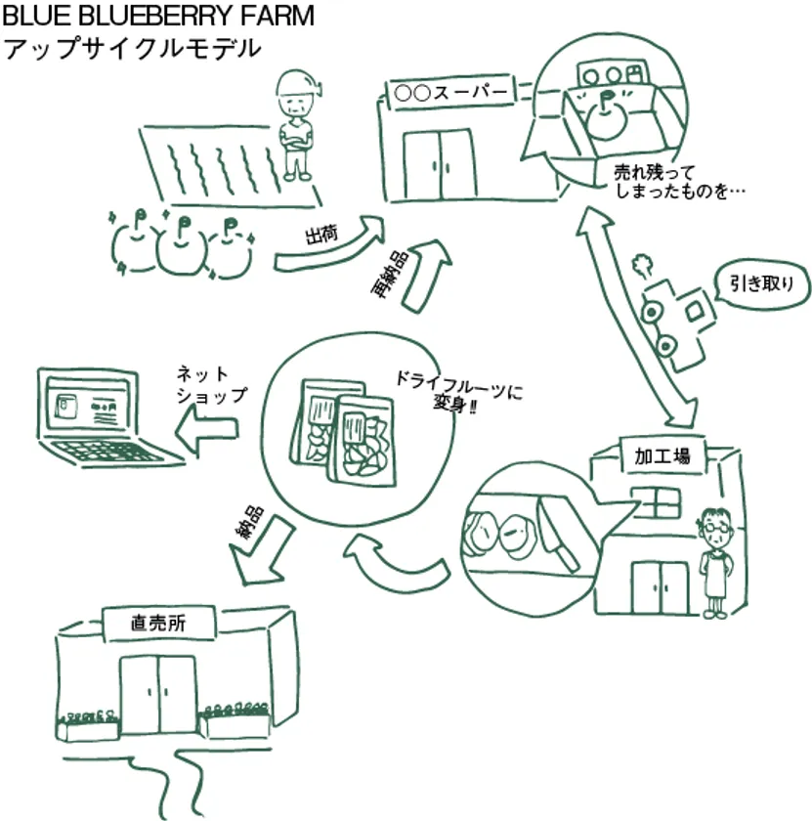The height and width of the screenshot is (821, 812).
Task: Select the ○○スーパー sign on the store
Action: pos(450,93)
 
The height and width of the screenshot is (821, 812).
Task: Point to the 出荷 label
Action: pos(321,237)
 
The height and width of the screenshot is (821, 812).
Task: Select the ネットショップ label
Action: pos(210,383)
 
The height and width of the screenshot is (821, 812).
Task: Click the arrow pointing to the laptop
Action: pos(207,428)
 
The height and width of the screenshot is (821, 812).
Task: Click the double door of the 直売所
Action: pos(157,694)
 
